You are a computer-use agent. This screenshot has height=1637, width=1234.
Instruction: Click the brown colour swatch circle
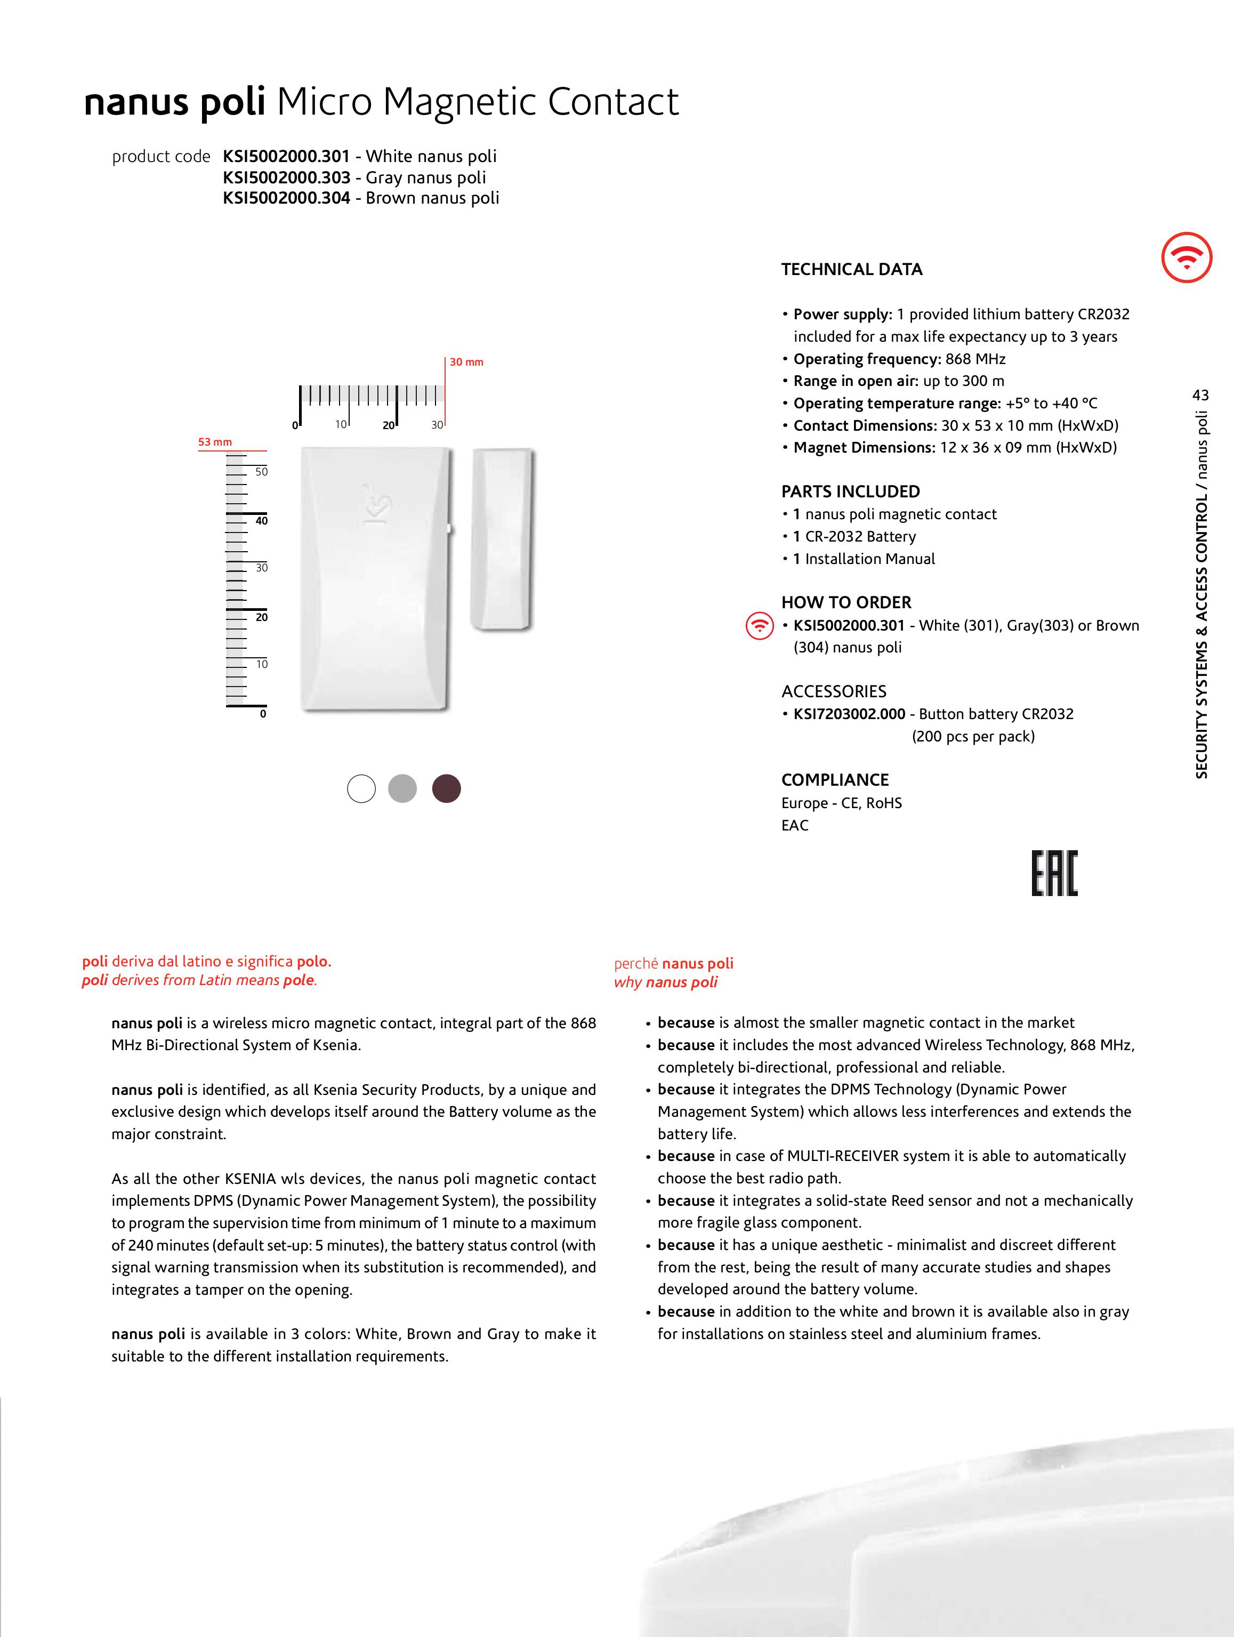(x=446, y=788)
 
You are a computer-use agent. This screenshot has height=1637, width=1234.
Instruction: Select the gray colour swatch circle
(x=402, y=788)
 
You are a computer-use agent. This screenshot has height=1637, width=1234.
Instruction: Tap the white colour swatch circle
(x=361, y=788)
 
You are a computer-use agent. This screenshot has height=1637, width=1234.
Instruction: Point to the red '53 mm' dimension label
(x=215, y=442)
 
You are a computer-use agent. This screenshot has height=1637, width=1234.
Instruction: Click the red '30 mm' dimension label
(x=466, y=362)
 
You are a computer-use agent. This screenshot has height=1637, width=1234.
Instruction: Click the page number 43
(x=1200, y=395)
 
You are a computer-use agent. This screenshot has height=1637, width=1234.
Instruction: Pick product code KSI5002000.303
(x=286, y=178)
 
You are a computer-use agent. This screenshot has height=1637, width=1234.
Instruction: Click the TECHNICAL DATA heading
(x=851, y=269)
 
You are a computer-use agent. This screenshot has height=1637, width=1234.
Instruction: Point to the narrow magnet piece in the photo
(x=502, y=539)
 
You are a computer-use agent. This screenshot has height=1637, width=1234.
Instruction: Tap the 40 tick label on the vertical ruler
(x=261, y=521)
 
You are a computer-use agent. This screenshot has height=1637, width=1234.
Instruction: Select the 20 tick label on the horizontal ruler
(x=389, y=425)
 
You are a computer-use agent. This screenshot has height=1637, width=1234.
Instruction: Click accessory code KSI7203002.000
(x=849, y=714)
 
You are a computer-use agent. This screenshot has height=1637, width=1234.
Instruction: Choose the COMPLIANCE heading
(x=834, y=780)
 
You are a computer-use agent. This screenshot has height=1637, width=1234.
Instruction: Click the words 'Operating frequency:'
(x=867, y=359)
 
